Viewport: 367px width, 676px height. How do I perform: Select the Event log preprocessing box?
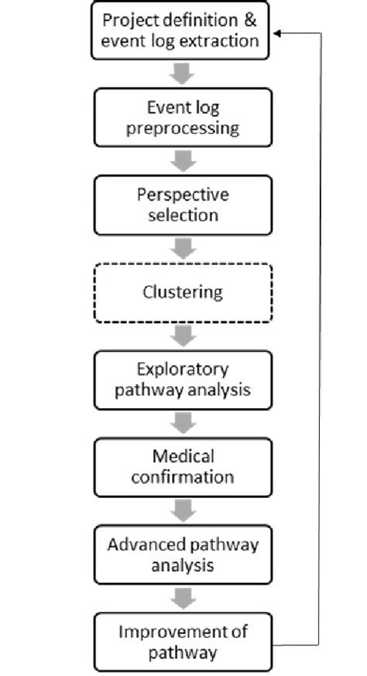pyautogui.click(x=183, y=117)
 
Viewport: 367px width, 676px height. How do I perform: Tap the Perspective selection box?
pyautogui.click(x=183, y=204)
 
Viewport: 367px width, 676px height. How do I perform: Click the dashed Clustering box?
pyautogui.click(x=183, y=293)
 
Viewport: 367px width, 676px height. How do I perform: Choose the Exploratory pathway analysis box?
pyautogui.click(x=183, y=380)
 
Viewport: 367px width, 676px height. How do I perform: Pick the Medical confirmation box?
pyautogui.click(x=183, y=467)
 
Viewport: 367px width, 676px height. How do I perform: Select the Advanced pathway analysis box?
pyautogui.click(x=183, y=554)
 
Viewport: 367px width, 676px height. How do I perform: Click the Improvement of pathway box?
pyautogui.click(x=183, y=642)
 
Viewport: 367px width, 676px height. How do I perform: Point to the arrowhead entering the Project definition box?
pyautogui.click(x=280, y=34)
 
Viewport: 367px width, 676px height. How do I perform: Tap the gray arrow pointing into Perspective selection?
pyautogui.click(x=183, y=161)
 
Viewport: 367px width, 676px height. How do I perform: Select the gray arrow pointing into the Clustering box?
pyautogui.click(x=183, y=249)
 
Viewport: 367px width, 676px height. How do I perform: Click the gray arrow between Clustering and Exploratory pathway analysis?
pyautogui.click(x=183, y=336)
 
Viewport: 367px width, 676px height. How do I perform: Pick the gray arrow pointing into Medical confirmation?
pyautogui.click(x=183, y=424)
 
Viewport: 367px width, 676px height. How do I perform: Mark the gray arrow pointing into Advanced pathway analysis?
pyautogui.click(x=183, y=511)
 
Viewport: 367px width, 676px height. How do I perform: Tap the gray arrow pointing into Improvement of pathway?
pyautogui.click(x=183, y=599)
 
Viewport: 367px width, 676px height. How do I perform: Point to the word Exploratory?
pyautogui.click(x=183, y=369)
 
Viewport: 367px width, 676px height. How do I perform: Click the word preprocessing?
pyautogui.click(x=183, y=128)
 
